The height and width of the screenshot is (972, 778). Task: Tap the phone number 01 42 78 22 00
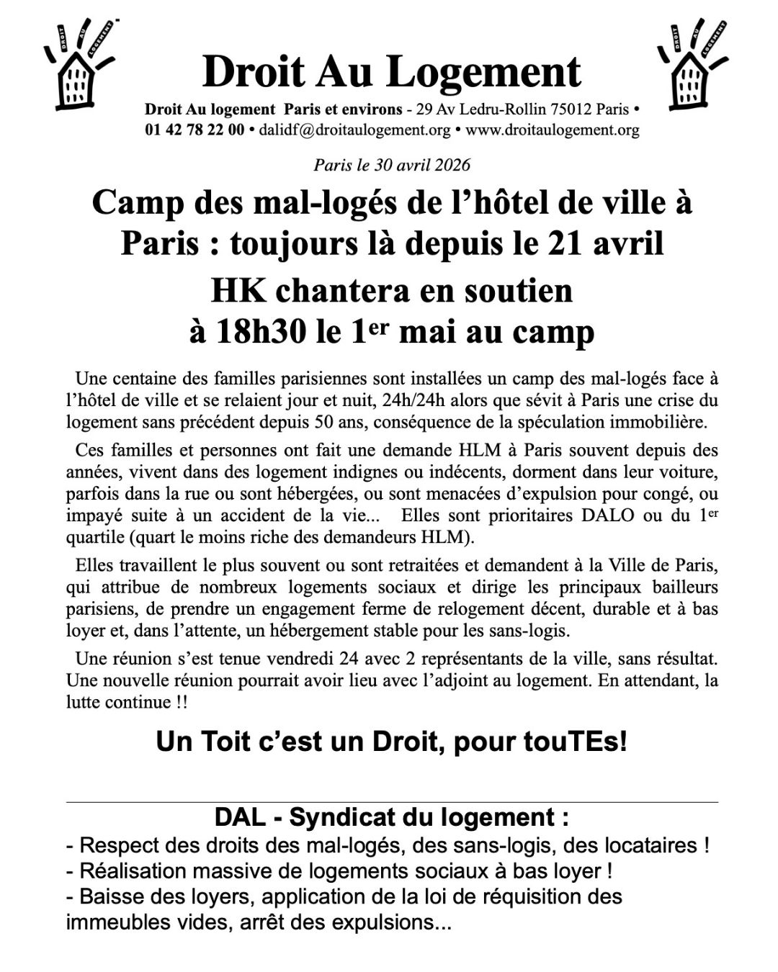(x=194, y=130)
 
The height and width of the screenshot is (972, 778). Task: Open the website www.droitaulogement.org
(x=553, y=130)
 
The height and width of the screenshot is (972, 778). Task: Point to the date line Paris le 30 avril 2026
(x=391, y=165)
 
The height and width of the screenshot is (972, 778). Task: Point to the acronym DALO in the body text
(x=642, y=516)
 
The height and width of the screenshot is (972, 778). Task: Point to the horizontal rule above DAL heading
(x=391, y=801)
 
